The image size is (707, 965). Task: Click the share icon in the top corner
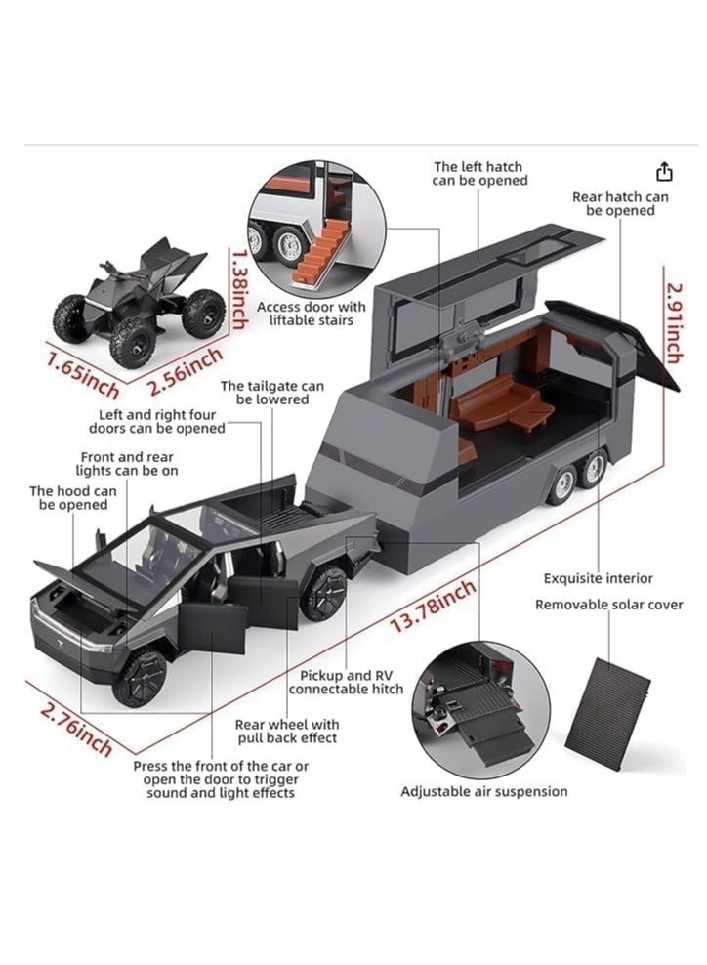coord(664,172)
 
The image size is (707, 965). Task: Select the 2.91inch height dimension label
coord(672,321)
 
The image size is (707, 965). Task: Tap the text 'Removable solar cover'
coord(608,605)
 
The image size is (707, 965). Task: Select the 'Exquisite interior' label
coord(598,578)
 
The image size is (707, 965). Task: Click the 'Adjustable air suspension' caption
coord(483,791)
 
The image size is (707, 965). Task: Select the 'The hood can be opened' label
coord(73,498)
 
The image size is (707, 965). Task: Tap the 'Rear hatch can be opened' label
coord(620,203)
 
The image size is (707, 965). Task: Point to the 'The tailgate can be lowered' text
coord(271,393)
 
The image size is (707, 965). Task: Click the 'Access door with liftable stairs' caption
coord(311,314)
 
